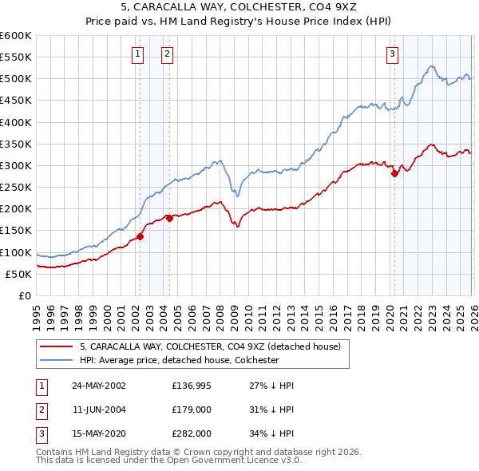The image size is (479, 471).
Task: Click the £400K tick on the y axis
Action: pos(16,122)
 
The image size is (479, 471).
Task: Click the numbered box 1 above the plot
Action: pos(138,54)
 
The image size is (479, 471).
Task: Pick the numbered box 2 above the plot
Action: pos(168,54)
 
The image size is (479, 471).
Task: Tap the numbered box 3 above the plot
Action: pos(393,54)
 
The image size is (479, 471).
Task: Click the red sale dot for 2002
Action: pos(140,236)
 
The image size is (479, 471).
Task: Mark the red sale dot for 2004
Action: pos(169,218)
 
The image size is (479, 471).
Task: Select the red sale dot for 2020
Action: pos(394,173)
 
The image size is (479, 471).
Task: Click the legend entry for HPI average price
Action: pos(179,360)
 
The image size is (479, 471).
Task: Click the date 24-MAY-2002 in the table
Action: pos(99,385)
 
